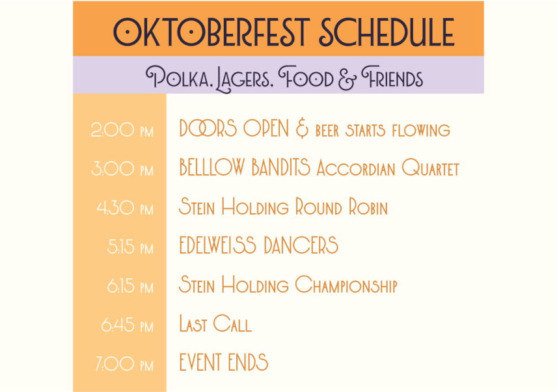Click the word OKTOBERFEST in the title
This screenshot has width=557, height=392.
coord(211,32)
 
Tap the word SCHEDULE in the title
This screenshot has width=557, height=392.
coord(387,32)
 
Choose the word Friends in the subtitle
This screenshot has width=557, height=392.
coord(392,77)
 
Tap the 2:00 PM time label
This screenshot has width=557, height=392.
coord(122,130)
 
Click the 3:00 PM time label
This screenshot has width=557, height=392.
coord(122,169)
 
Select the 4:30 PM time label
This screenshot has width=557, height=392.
coord(125,208)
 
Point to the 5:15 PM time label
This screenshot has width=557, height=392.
coord(130,247)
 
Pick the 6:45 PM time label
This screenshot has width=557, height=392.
coord(127,325)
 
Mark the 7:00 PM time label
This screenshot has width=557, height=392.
coord(124,364)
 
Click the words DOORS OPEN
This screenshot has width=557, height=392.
coord(234,129)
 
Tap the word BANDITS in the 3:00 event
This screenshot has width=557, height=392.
coord(281,168)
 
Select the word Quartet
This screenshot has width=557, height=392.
coord(431,168)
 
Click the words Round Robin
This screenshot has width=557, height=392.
coord(342,207)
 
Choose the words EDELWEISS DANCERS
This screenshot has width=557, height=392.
coord(258,245)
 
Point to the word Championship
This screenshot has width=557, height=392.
coord(346,285)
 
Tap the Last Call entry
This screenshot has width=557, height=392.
coord(215,324)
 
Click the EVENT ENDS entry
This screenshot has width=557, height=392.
coord(223,362)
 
